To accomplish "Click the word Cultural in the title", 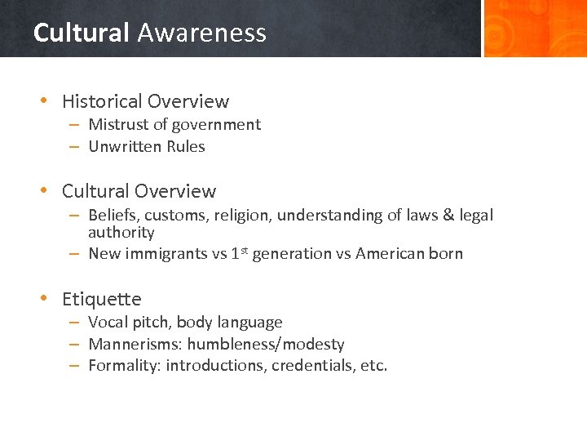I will point(81,33).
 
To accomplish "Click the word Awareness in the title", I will point(201,33).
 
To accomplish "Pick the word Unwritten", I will point(125,147).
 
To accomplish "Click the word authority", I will point(121,233).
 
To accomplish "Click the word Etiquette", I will point(101,300).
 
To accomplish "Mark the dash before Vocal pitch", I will point(73,323).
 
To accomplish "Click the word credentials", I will point(312,366).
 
